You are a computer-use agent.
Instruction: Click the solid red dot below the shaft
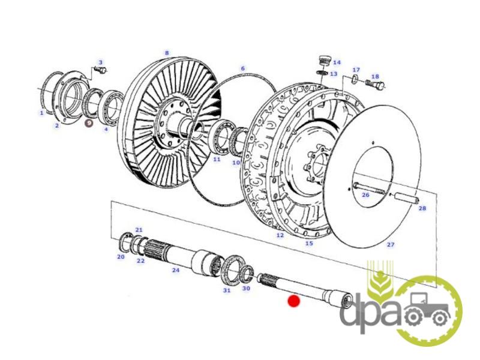294,301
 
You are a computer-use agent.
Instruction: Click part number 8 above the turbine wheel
167,53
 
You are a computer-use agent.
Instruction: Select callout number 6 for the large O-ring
243,68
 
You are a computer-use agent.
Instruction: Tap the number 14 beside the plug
337,62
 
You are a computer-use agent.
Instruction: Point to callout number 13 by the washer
334,74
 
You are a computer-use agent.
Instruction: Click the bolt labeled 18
374,83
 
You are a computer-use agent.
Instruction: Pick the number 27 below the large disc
391,245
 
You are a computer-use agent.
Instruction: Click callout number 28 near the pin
422,208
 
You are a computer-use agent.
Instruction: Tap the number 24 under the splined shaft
175,271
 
